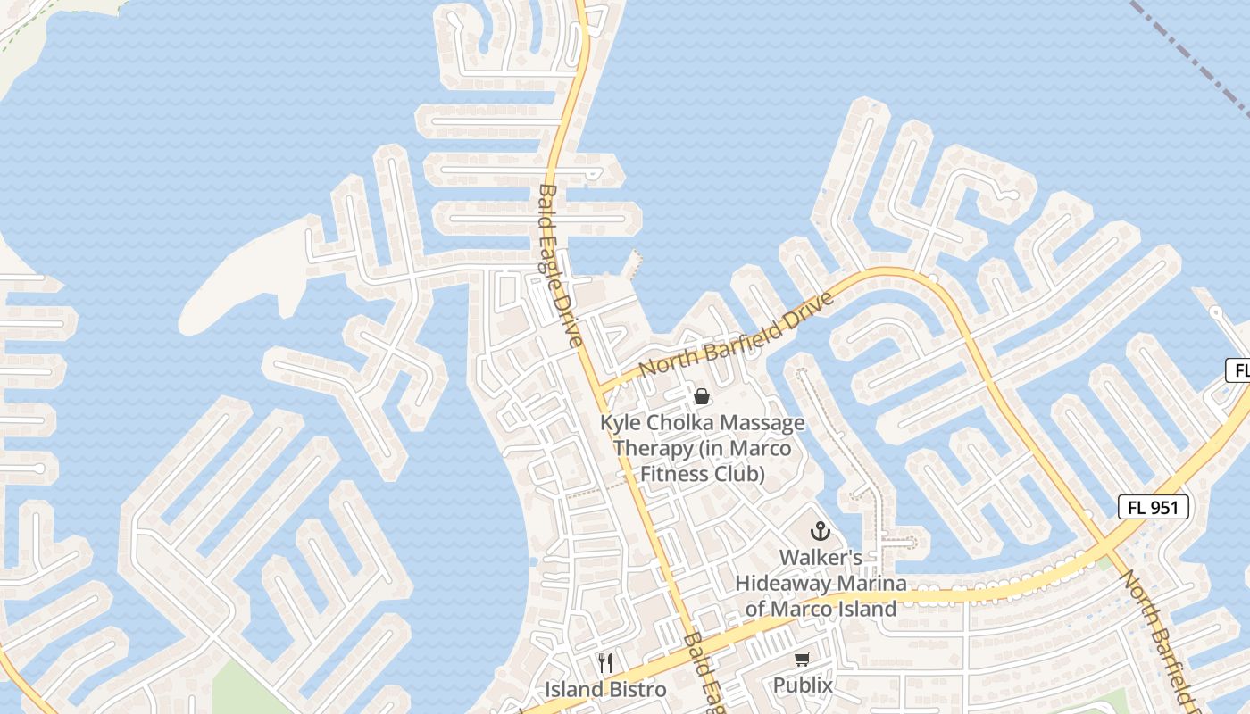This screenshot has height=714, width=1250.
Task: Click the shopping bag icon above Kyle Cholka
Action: pyautogui.click(x=702, y=396)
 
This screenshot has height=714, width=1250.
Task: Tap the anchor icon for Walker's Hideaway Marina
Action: pyautogui.click(x=820, y=532)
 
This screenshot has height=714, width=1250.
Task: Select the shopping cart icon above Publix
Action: pyautogui.click(x=802, y=659)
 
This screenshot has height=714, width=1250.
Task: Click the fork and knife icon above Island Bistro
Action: pyautogui.click(x=605, y=663)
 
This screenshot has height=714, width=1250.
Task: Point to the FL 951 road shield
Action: pyautogui.click(x=1154, y=508)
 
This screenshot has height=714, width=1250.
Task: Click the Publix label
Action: pyautogui.click(x=803, y=685)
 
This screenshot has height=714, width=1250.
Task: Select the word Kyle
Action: pyautogui.click(x=621, y=423)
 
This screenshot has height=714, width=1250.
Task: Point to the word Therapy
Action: pyautogui.click(x=653, y=448)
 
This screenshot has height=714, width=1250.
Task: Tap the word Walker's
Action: pyautogui.click(x=821, y=558)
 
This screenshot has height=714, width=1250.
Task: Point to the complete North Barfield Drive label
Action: pyautogui.click(x=737, y=334)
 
